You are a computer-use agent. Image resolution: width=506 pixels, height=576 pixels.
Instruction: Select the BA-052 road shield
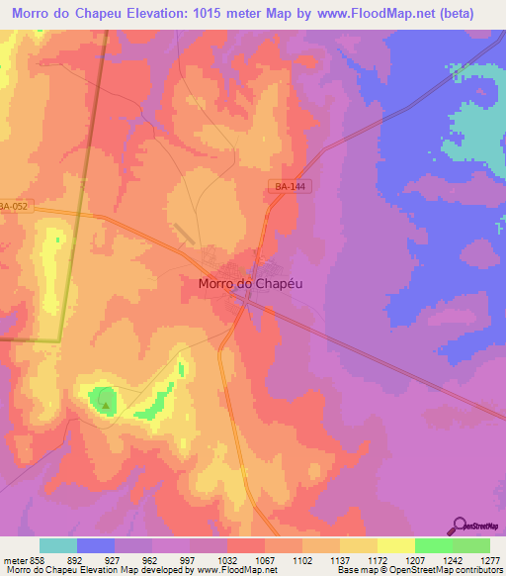point(14,206)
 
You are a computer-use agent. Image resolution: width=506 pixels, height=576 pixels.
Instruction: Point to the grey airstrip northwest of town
point(182,235)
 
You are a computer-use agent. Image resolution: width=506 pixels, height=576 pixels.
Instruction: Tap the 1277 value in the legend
point(489,560)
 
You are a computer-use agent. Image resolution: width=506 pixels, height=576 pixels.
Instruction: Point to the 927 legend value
point(115,560)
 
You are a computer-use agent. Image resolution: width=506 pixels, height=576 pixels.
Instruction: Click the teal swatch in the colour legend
point(58,545)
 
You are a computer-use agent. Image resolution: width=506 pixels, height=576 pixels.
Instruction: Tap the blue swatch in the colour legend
point(96,545)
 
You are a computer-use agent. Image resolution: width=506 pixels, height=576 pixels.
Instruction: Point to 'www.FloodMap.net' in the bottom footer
point(237,570)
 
